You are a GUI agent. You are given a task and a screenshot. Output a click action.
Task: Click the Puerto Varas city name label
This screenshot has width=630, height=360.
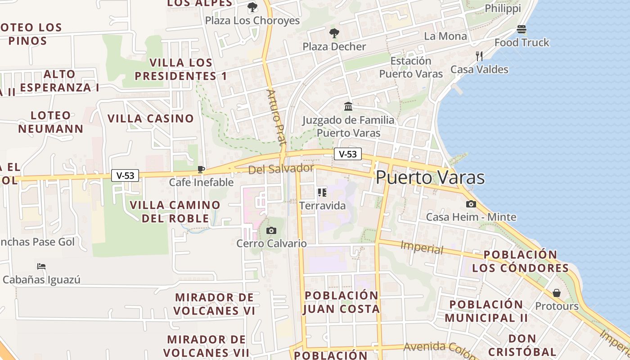(430, 177)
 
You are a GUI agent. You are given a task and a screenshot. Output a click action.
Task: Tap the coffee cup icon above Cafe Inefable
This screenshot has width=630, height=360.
(201, 169)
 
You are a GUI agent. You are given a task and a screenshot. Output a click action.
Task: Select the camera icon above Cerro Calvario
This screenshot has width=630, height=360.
(271, 230)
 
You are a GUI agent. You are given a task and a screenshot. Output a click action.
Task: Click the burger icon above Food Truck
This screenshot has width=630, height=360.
(522, 29)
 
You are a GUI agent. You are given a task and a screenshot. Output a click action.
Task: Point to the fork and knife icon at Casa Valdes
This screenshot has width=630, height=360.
(479, 56)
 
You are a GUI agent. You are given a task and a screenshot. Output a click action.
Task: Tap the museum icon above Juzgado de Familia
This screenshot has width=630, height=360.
(348, 107)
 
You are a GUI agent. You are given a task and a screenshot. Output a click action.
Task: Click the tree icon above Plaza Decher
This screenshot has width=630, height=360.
(334, 33)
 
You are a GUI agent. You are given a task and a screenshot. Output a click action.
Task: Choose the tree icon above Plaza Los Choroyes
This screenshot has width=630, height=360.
(252, 7)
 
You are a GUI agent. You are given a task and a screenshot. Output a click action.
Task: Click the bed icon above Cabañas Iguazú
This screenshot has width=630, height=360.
(41, 266)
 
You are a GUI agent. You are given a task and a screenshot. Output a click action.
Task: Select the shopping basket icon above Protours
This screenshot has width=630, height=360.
(557, 293)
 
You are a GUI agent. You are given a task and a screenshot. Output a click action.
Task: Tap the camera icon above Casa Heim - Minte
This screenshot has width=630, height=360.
(471, 204)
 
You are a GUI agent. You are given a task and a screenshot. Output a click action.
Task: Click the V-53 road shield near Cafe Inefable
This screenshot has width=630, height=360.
(125, 175)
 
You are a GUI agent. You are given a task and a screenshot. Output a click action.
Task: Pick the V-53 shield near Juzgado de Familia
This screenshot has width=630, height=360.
(348, 154)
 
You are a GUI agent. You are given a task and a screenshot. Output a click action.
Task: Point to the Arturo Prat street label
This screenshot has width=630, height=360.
(276, 117)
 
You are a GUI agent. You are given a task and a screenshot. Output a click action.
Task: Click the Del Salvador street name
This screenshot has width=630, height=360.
(281, 169)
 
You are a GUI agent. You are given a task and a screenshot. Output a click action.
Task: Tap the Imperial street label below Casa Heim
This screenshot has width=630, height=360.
(422, 247)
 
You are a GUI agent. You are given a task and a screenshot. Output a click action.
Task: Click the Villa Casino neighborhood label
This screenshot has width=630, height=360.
(150, 119)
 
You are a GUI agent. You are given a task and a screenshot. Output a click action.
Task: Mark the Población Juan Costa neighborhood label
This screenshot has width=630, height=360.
(342, 302)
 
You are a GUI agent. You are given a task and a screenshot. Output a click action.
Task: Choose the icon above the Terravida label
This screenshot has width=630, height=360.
(322, 193)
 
